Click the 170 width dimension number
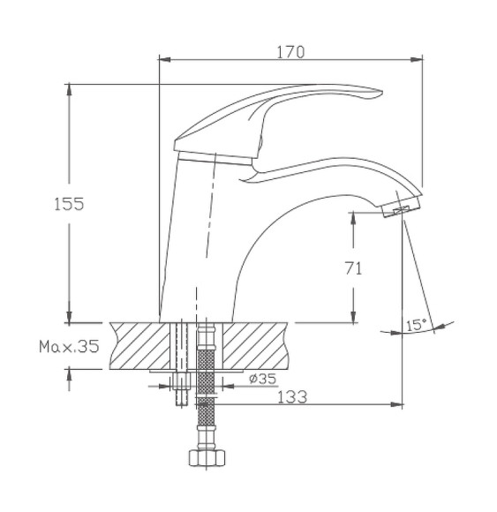pos(290,52)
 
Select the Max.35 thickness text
pos(69,346)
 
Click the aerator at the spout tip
pos(403,209)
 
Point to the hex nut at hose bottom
pos(207,460)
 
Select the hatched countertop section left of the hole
pos(141,344)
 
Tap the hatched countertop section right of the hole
pos(256,344)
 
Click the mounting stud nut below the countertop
pos(183,382)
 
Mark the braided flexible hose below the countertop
pos(207,388)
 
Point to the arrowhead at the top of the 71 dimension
pos(353,217)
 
